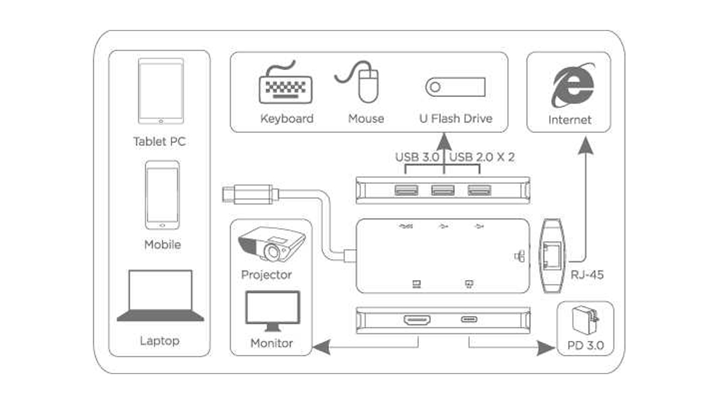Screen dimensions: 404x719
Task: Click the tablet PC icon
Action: pyautogui.click(x=160, y=90)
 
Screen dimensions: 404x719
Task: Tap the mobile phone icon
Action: pyautogui.click(x=162, y=195)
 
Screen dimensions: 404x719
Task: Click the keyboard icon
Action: pyautogui.click(x=285, y=86)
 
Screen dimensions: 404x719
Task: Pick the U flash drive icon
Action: pyautogui.click(x=456, y=87)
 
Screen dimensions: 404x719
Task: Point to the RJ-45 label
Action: pyautogui.click(x=587, y=275)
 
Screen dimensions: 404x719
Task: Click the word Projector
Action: pyautogui.click(x=266, y=275)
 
